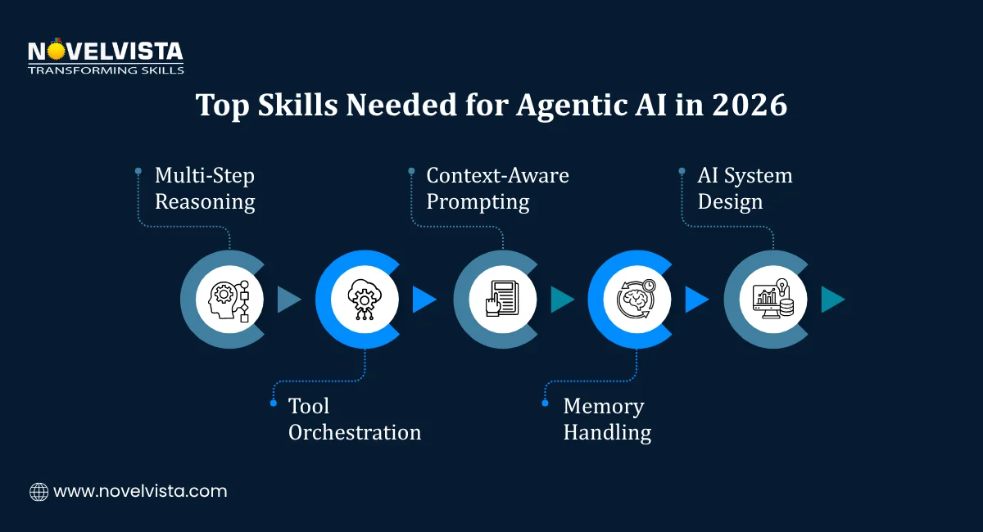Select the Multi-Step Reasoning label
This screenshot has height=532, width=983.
coord(205,188)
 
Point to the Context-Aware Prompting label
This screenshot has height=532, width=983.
coord(497,188)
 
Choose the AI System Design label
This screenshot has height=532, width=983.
coord(745,188)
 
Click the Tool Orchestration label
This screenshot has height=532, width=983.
coord(354,419)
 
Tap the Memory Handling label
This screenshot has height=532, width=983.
coord(607,419)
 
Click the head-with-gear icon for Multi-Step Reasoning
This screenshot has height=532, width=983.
coord(229,300)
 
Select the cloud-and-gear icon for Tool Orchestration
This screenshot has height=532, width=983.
coord(365,300)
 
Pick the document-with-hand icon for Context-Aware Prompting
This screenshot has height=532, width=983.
coord(502,300)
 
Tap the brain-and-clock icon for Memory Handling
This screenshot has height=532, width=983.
coord(637,300)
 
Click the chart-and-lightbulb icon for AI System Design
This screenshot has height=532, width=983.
coord(773,300)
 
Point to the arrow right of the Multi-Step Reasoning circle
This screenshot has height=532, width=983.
coord(289,300)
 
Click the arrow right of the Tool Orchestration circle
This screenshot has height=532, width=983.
coord(424,300)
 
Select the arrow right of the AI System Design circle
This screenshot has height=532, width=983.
coord(832,300)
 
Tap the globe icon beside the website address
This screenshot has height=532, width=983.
coord(39,492)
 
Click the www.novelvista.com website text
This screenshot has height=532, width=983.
coord(140,492)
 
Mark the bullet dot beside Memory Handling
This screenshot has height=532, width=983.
coord(546,403)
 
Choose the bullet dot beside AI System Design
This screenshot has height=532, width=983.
coord(682,171)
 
